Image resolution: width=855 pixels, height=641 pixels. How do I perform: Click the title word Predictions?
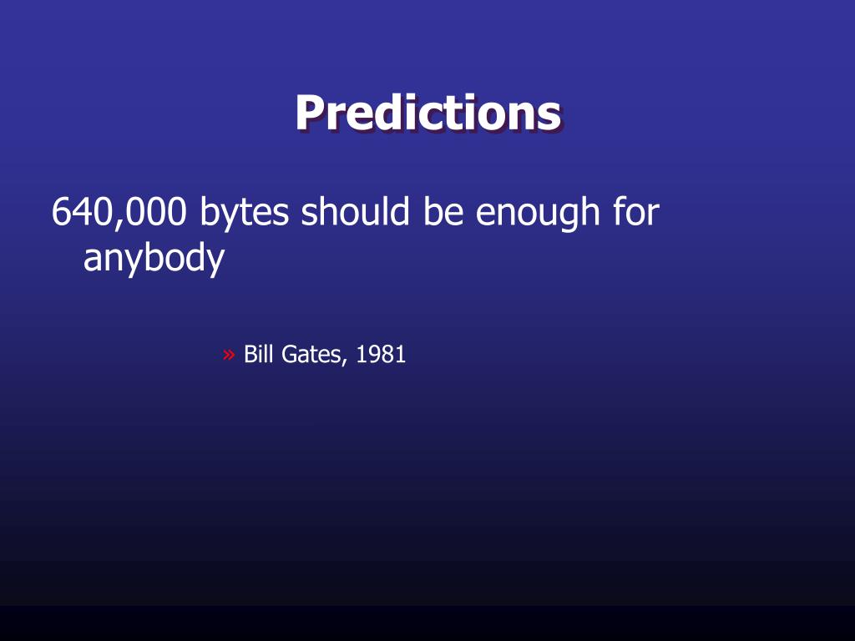pos(428,113)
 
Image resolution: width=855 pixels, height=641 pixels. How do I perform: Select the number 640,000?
pos(119,212)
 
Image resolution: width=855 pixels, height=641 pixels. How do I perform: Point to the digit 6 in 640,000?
pos(62,211)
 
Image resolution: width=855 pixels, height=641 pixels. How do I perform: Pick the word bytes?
pos(245,214)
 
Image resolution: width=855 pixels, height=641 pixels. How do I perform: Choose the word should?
pos(355,211)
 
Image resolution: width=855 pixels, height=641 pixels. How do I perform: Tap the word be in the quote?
pos(443,211)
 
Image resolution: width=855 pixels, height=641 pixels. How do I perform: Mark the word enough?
pos(538,214)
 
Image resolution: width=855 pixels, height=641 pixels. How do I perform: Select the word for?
pos(636,211)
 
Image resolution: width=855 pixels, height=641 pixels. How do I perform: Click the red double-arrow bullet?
pos(229,355)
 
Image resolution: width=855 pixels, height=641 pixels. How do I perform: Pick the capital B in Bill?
pos(250,354)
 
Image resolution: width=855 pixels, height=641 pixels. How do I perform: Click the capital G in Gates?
pos(290,354)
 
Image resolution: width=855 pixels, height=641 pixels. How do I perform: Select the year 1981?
pos(381,354)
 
